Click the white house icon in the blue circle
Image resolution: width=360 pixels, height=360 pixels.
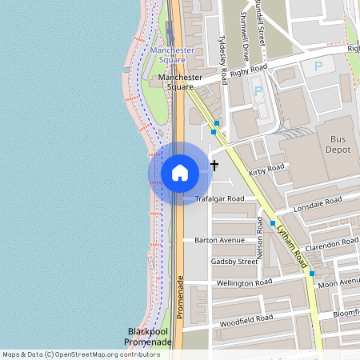(180, 173)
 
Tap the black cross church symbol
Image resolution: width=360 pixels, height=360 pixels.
(214, 166)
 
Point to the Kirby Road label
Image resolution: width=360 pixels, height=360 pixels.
(266, 170)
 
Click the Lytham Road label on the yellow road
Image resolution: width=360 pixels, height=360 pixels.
(291, 243)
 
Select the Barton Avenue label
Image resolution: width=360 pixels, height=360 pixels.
(219, 240)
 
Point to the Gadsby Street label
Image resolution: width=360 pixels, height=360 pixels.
(234, 262)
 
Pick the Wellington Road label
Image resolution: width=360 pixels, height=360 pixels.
(244, 282)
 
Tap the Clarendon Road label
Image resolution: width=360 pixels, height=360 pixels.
(331, 243)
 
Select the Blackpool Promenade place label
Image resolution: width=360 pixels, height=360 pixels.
(148, 337)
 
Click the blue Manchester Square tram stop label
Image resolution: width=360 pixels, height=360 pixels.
(172, 55)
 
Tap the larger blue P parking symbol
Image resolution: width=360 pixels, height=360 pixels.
(318, 67)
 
